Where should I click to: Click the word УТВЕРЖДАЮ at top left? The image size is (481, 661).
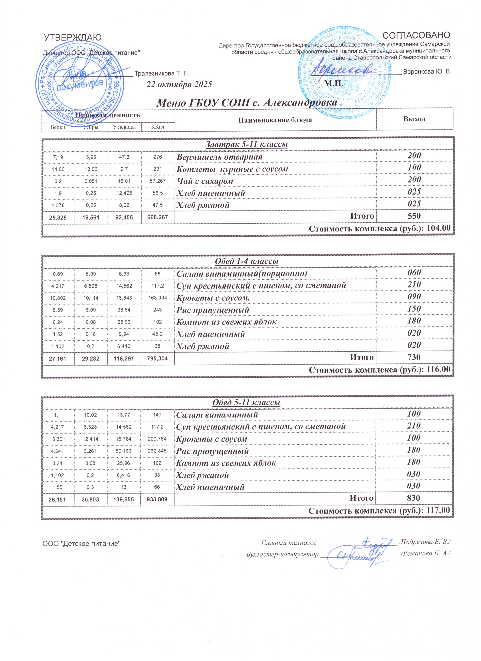tap(73, 38)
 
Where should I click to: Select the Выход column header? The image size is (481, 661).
tap(414, 119)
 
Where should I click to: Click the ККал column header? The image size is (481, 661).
tap(158, 127)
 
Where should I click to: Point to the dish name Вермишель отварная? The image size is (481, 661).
tap(219, 157)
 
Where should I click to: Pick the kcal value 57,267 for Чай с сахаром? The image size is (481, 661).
tap(158, 181)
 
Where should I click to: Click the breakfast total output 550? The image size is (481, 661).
tap(414, 216)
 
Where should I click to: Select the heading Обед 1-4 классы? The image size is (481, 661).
tap(247, 261)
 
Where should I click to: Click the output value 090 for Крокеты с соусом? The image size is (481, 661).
tap(414, 297)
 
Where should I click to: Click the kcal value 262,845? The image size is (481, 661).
tap(158, 451)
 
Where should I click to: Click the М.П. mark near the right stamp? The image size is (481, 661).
tap(334, 84)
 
